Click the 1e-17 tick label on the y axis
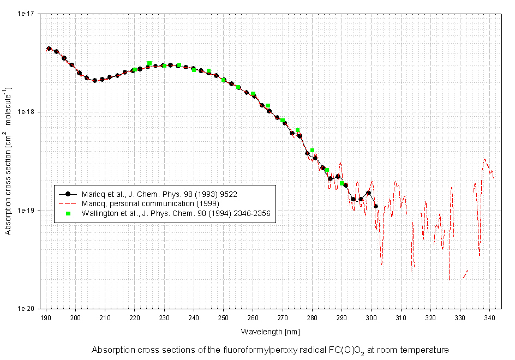tap(28, 13)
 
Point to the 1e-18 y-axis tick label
tap(28, 112)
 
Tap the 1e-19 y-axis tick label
tap(28, 211)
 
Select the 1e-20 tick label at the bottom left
tap(28, 309)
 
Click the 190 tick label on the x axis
tap(46, 317)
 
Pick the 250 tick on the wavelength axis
tap(224, 317)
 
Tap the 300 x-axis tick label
tap(372, 317)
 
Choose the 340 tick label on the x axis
tap(489, 317)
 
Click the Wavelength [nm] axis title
tap(270, 331)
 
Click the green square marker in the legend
tap(68, 213)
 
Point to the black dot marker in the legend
tap(68, 194)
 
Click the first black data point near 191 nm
tap(49, 49)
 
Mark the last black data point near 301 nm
tap(375, 206)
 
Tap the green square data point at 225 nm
tap(149, 63)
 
